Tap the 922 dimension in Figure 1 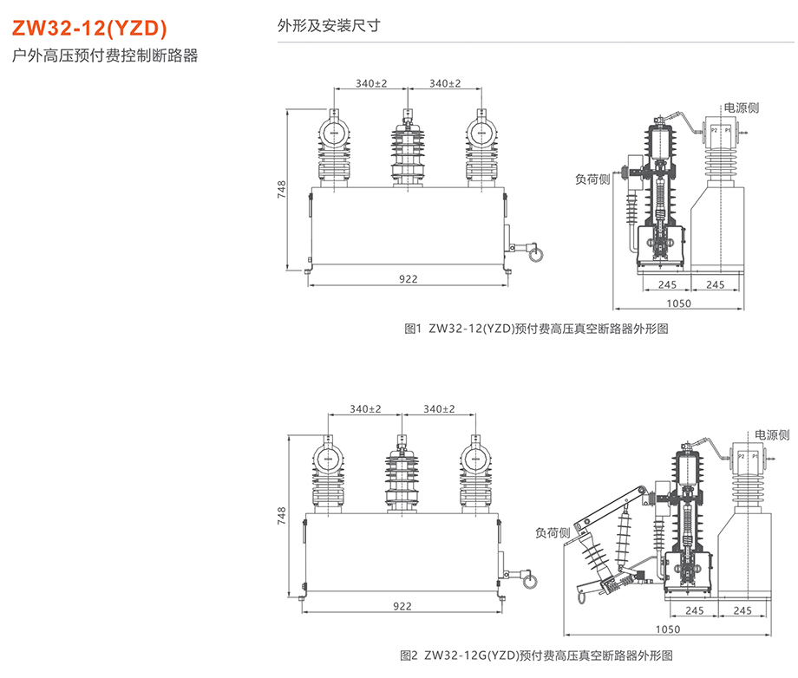(409, 278)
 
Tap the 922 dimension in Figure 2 (402, 606)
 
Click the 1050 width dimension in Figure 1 (679, 303)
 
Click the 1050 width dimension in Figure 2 (668, 629)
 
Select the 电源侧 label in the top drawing (742, 108)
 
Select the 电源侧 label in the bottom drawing (771, 434)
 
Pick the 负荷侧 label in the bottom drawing (552, 533)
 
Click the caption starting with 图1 (537, 329)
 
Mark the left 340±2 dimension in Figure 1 (370, 84)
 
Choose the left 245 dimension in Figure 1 (667, 284)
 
